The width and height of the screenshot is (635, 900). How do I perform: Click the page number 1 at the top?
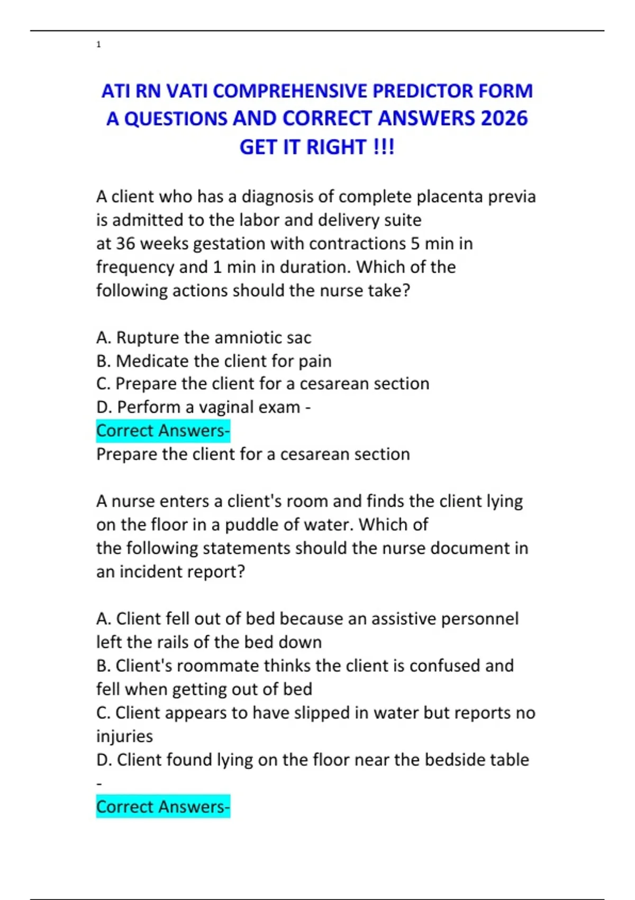[x=98, y=44]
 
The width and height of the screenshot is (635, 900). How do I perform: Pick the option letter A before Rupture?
[x=103, y=338]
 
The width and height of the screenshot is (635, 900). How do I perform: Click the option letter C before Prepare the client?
[x=103, y=384]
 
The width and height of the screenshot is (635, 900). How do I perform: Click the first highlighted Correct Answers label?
[x=163, y=431]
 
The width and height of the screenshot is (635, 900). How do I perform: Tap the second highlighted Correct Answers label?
[x=163, y=807]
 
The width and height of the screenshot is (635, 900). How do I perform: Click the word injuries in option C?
[x=124, y=736]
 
